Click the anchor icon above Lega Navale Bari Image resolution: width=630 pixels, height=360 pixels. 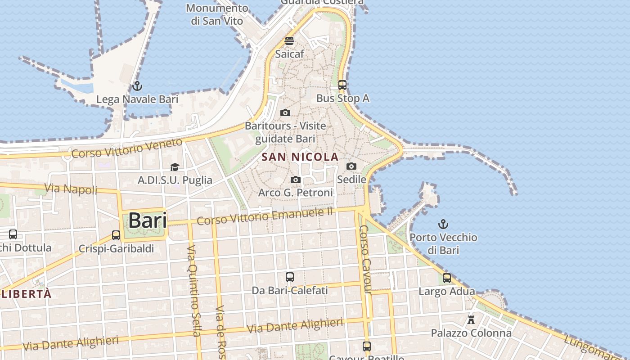[137, 86]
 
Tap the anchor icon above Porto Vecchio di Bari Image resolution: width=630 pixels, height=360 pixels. [443, 224]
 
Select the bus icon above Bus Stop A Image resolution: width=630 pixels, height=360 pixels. [342, 85]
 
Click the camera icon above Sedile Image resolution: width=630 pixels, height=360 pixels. [351, 166]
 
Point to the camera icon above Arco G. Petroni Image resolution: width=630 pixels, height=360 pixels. [295, 180]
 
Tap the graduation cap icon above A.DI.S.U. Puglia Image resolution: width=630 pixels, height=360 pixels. [175, 167]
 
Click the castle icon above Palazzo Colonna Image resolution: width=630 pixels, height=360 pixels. [471, 320]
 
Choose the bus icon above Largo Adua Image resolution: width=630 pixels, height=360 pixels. [446, 278]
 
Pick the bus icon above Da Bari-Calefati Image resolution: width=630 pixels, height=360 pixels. [289, 277]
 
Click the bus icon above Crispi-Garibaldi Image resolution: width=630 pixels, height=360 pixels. [116, 235]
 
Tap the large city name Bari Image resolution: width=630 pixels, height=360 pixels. [148, 220]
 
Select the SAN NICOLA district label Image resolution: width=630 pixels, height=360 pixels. [300, 157]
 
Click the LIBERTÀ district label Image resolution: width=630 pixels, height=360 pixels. [27, 294]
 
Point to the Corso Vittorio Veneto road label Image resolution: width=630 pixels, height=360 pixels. [127, 148]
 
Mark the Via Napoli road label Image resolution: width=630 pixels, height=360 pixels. [71, 189]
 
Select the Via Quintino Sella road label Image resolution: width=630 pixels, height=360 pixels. [193, 291]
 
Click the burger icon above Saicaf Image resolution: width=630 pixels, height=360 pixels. [289, 41]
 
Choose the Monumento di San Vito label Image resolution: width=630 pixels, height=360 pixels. [217, 14]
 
